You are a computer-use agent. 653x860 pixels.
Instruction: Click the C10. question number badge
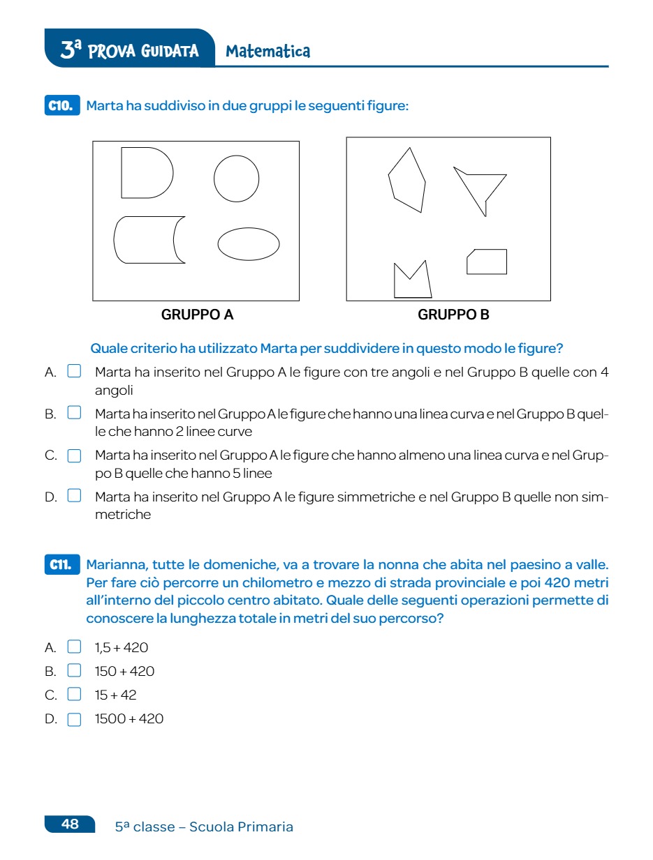pyautogui.click(x=61, y=106)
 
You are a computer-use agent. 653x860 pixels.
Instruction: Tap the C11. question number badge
pyautogui.click(x=61, y=564)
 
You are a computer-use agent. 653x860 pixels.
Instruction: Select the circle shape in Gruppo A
pyautogui.click(x=236, y=179)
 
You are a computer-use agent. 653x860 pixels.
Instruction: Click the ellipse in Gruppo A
pyautogui.click(x=249, y=244)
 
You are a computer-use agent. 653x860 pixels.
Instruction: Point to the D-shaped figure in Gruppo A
pyautogui.click(x=145, y=173)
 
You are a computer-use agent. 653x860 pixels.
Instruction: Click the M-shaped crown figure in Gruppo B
pyautogui.click(x=412, y=282)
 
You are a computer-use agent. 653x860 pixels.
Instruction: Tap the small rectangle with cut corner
pyautogui.click(x=487, y=262)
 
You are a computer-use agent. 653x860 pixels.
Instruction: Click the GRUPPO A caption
pyautogui.click(x=197, y=315)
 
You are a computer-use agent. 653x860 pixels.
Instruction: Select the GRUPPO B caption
pyautogui.click(x=453, y=315)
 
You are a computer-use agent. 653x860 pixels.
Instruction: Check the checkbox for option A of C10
pyautogui.click(x=74, y=371)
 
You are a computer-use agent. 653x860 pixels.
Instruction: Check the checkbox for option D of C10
pyautogui.click(x=74, y=497)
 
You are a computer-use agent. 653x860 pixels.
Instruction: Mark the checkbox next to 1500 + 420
pyautogui.click(x=74, y=719)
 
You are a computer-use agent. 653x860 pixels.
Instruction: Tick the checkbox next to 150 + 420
pyautogui.click(x=74, y=671)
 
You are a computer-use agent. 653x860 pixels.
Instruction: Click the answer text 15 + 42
pyautogui.click(x=116, y=695)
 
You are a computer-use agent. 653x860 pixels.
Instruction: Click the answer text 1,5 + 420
pyautogui.click(x=122, y=647)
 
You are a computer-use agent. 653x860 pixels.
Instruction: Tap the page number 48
pyautogui.click(x=71, y=824)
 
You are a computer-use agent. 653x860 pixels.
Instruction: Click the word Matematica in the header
pyautogui.click(x=268, y=52)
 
